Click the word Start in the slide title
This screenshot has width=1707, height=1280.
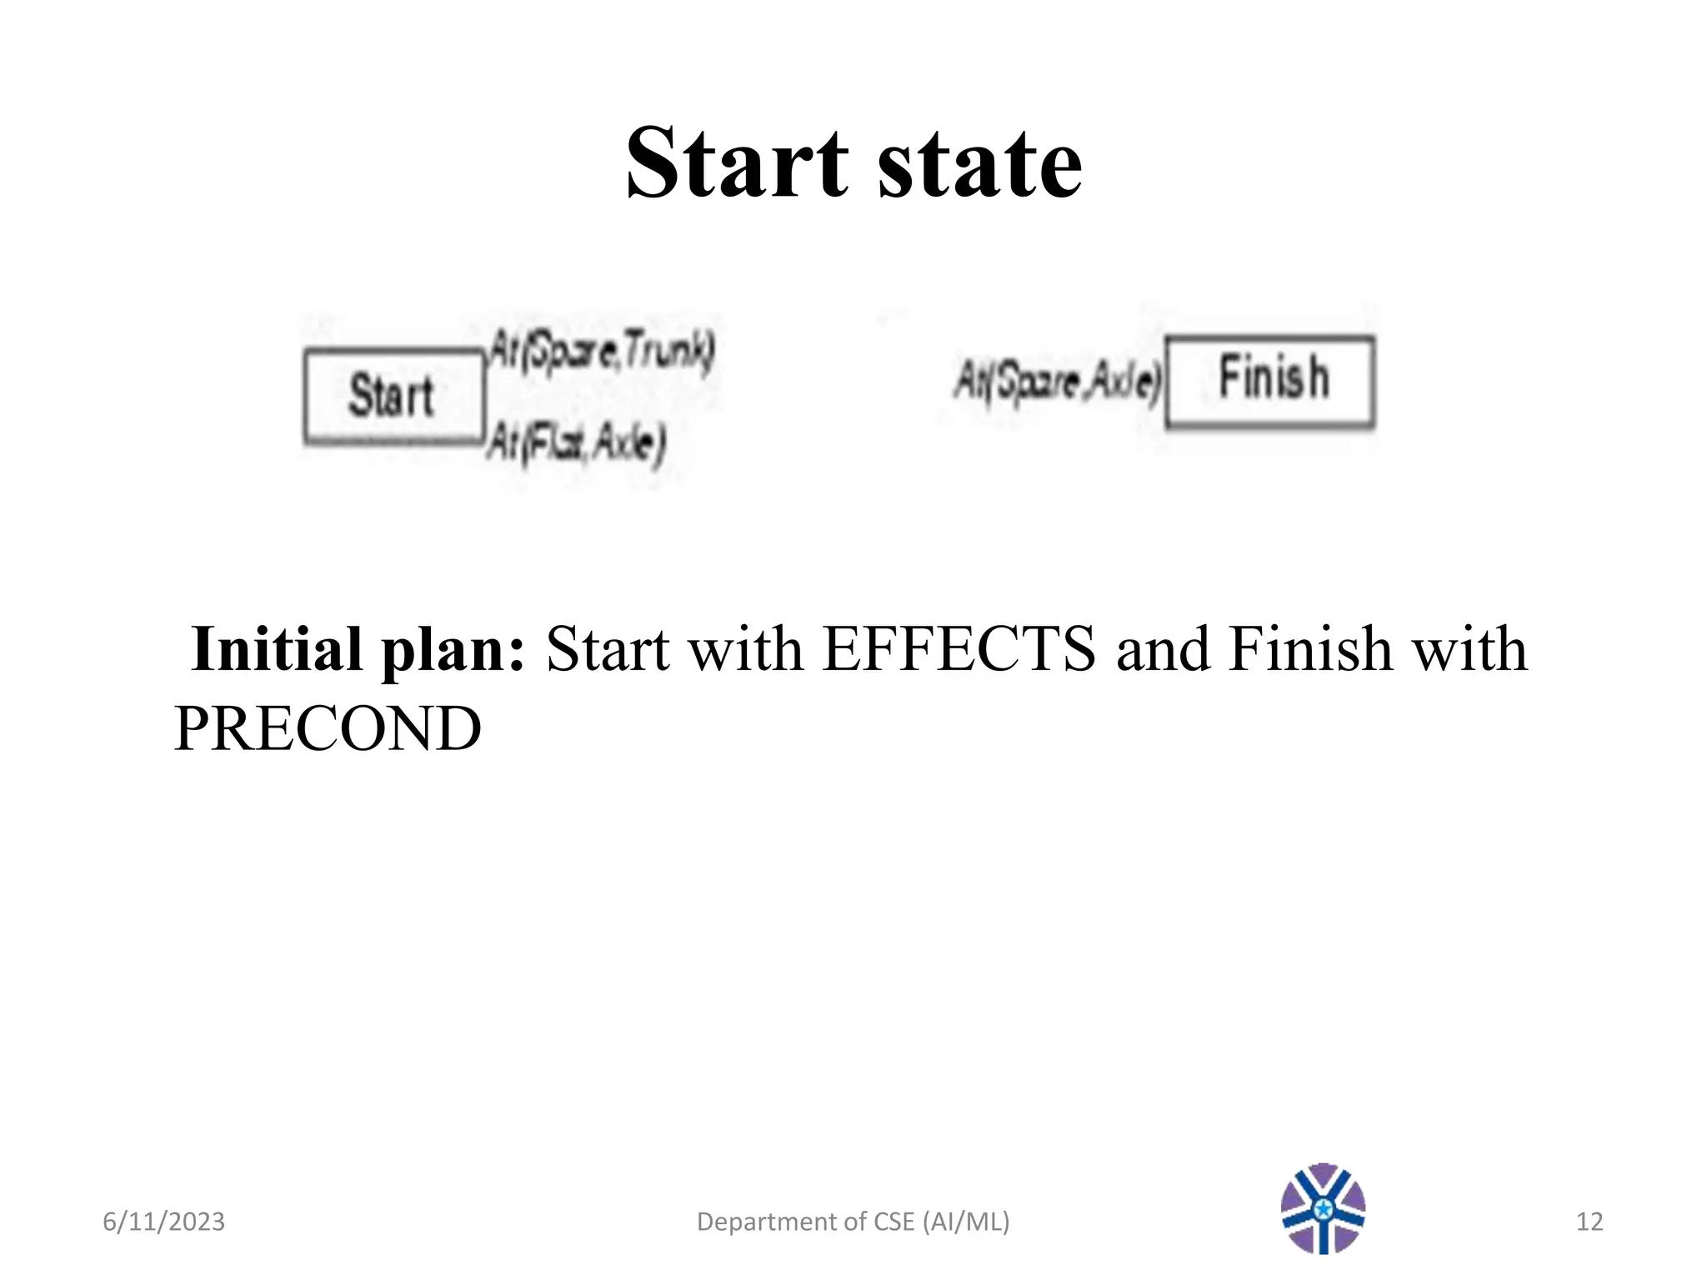click(737, 162)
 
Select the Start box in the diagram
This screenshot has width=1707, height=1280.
click(393, 396)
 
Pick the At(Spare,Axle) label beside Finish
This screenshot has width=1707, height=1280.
click(1057, 382)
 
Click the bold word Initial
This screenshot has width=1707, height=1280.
click(277, 649)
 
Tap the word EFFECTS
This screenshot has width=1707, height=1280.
click(959, 649)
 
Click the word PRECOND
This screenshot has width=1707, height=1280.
click(328, 728)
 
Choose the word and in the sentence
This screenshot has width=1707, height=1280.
click(1163, 649)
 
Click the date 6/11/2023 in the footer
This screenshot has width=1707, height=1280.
click(163, 1222)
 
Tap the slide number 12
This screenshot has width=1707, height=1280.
click(1589, 1222)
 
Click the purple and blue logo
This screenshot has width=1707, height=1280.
click(1323, 1208)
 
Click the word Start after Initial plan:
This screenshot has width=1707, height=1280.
click(608, 649)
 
